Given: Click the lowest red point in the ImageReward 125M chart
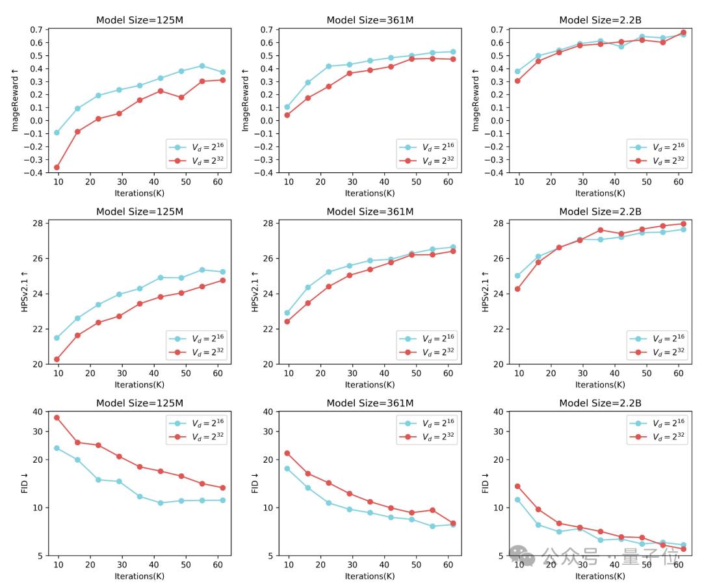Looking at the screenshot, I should [x=57, y=167].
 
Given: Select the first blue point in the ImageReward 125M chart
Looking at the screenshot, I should [x=57, y=133].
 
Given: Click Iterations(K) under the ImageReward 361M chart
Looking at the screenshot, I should [x=370, y=193].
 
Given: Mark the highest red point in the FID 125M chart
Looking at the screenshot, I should [x=57, y=417].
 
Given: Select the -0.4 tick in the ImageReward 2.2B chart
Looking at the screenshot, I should [x=494, y=173].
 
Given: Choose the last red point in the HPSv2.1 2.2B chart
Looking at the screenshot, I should [x=682, y=224].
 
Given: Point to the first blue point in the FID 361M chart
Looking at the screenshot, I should [x=287, y=469].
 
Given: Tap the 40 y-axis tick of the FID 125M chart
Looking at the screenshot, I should [x=36, y=411].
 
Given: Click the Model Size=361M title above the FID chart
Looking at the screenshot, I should [x=370, y=403].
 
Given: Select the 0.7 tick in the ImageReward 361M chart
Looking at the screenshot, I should [x=264, y=30].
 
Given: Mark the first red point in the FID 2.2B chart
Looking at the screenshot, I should [x=517, y=486].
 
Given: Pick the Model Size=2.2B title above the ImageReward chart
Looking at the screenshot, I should [x=600, y=20].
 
